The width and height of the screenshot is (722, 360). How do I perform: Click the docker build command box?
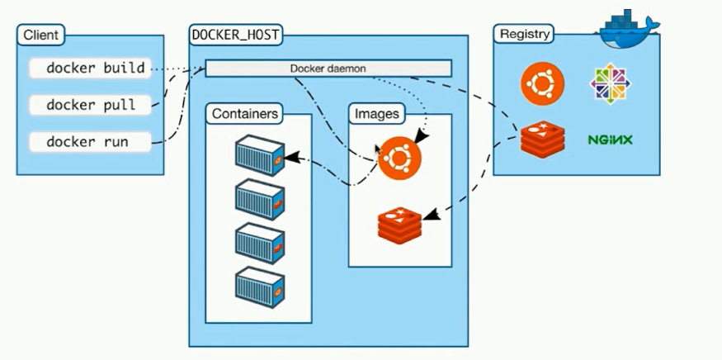[90, 69]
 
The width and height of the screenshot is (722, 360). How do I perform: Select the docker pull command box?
[90, 105]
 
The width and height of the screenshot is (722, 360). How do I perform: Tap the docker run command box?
[90, 141]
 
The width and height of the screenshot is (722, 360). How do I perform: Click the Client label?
[40, 36]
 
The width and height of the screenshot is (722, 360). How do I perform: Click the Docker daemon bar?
[328, 69]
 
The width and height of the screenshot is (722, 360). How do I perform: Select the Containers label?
[245, 113]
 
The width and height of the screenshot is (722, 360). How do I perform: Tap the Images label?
[376, 113]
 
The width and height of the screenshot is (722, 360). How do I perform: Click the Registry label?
[524, 35]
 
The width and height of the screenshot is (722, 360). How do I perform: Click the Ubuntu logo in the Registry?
[542, 84]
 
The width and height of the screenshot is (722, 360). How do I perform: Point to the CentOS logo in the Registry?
[611, 84]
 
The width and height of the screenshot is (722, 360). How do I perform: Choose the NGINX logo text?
[611, 140]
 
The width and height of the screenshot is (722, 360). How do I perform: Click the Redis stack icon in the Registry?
[542, 138]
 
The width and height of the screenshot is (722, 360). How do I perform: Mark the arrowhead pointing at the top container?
[292, 158]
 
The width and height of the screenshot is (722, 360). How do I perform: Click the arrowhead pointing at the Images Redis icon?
[430, 216]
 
